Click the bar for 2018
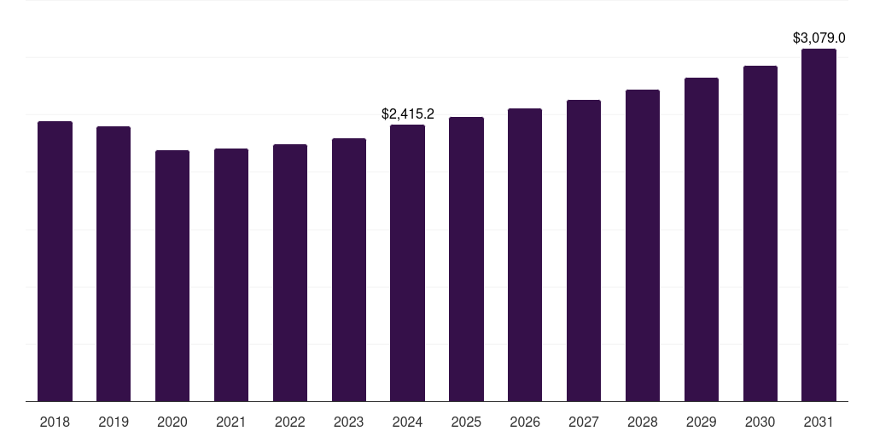click(55, 261)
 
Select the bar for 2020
click(172, 276)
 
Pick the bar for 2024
click(407, 263)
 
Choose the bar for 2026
click(525, 255)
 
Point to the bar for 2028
click(643, 246)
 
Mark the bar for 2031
click(819, 225)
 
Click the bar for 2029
click(702, 240)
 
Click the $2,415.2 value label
click(408, 114)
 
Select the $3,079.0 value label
click(819, 38)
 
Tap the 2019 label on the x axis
click(114, 422)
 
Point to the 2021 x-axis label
click(231, 422)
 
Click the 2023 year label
click(349, 422)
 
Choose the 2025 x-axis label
click(466, 422)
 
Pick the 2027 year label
click(584, 422)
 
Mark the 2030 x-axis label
click(760, 422)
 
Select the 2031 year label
click(819, 422)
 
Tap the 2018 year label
click(55, 422)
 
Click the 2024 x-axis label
click(407, 422)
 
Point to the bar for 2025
click(466, 259)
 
